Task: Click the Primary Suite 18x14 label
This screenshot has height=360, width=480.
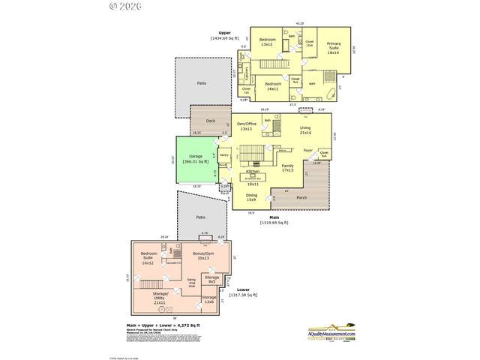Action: point(333,48)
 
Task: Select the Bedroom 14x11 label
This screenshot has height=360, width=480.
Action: point(272,85)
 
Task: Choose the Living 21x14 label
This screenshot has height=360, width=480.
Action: point(304,130)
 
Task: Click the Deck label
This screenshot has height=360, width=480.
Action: point(211,121)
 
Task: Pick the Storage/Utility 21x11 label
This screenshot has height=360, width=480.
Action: point(162,296)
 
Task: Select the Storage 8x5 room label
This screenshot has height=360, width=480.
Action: point(212,280)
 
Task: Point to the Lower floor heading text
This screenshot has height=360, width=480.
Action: point(242,290)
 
